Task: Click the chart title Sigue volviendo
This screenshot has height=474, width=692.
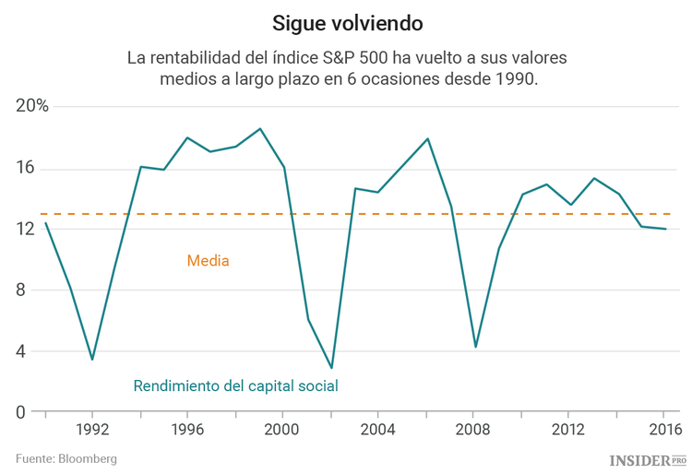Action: click(x=346, y=20)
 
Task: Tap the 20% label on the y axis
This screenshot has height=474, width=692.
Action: click(x=32, y=107)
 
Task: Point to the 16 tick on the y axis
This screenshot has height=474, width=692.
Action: click(x=24, y=169)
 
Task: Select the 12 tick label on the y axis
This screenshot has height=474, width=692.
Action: click(x=24, y=230)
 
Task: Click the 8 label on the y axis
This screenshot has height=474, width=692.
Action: click(x=28, y=290)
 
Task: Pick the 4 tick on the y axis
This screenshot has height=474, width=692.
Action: click(x=28, y=351)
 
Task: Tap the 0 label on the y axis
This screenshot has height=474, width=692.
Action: click(x=28, y=412)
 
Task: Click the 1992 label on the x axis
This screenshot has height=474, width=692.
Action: click(x=92, y=431)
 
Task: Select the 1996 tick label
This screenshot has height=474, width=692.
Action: click(x=187, y=431)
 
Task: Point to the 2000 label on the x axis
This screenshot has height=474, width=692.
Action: click(x=283, y=431)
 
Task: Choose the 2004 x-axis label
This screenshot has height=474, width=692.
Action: click(x=378, y=431)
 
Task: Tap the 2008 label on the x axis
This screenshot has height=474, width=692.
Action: click(x=473, y=431)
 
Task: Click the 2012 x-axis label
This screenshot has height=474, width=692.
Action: click(x=568, y=431)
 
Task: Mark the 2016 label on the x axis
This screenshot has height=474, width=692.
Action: click(x=663, y=431)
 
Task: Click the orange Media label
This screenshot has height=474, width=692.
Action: click(x=208, y=261)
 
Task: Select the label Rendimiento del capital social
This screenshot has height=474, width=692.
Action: click(x=235, y=385)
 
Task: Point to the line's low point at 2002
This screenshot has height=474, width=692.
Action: click(x=331, y=368)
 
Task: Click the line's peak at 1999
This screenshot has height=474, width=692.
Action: click(x=260, y=129)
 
